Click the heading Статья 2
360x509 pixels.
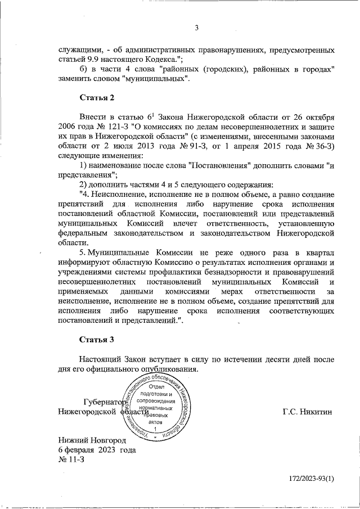96,98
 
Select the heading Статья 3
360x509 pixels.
96,340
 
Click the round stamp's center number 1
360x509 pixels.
155,429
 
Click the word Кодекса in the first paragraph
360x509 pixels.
157,59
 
